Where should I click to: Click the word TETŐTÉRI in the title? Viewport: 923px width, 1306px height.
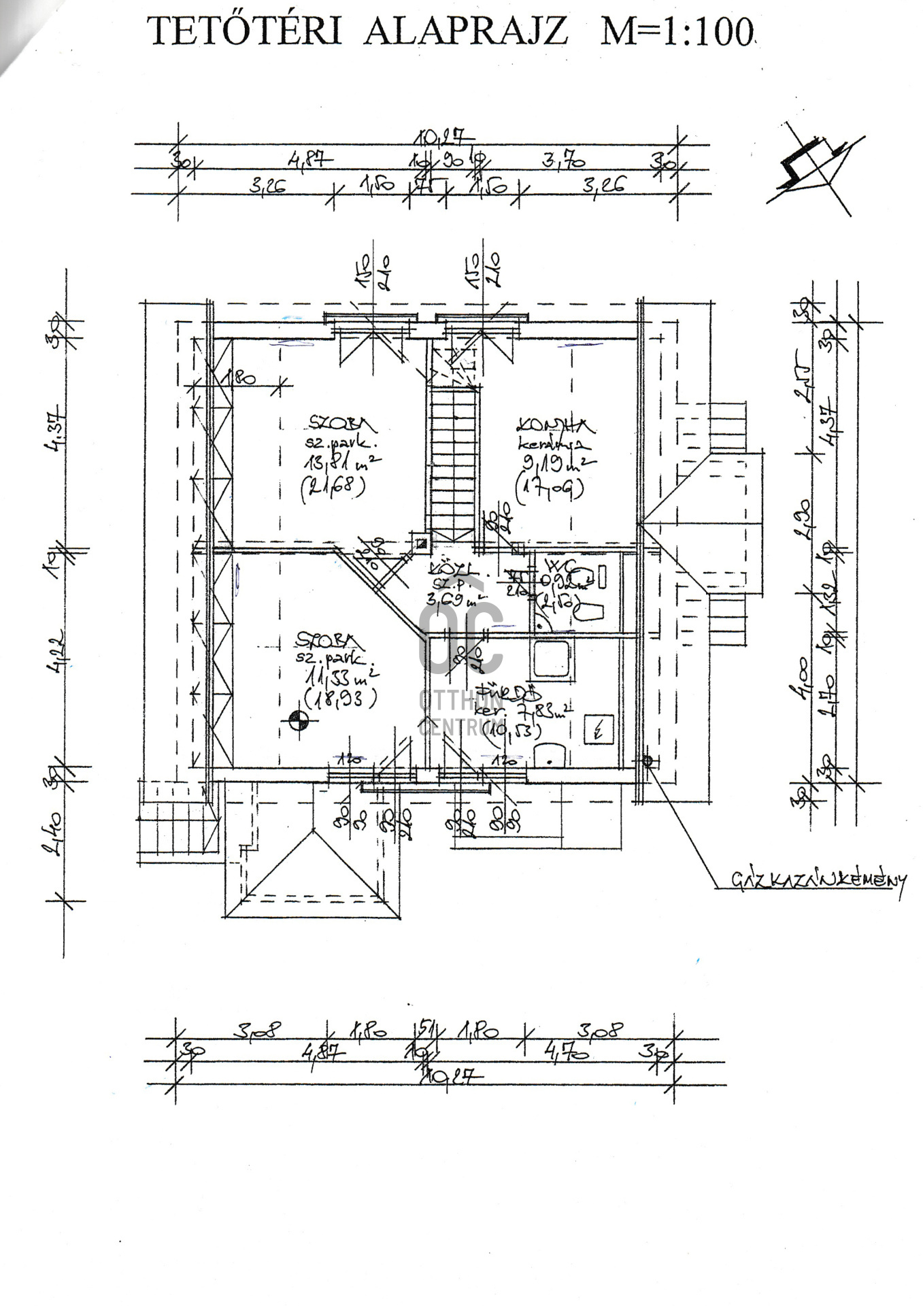pos(244,31)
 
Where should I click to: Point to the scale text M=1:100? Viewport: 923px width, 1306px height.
pos(677,31)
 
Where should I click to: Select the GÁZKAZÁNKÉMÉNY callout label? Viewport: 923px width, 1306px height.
pos(819,880)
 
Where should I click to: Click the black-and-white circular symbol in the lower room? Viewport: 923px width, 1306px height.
pos(299,720)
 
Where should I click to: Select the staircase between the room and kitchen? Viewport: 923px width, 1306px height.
pos(450,463)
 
